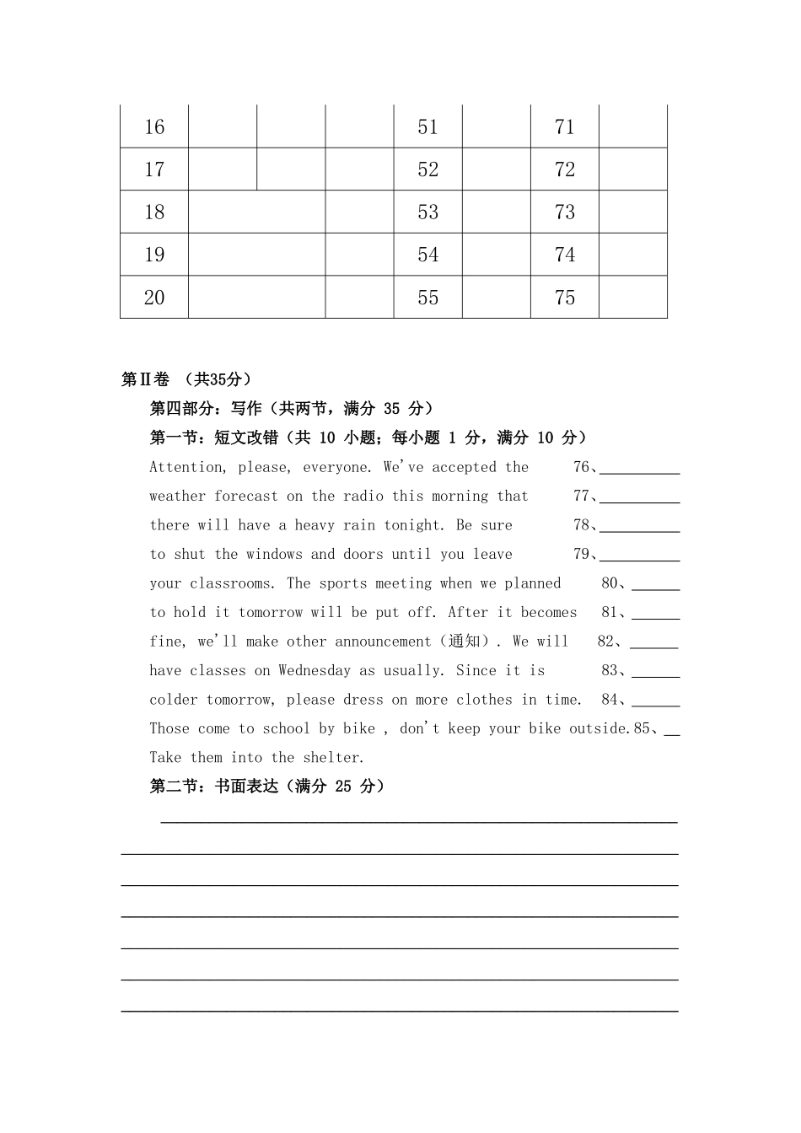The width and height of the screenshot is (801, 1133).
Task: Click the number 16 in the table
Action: [154, 127]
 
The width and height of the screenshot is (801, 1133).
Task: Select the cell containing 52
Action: [428, 169]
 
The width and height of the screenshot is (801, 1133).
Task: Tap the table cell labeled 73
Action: [565, 212]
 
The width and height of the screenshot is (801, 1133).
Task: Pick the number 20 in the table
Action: [154, 298]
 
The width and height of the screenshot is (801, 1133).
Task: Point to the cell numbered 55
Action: [428, 298]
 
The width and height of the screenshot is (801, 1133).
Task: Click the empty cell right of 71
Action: [632, 127]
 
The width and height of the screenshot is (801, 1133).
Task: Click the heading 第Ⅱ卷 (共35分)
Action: [186, 379]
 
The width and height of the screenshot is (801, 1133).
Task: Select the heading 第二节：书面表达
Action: [267, 787]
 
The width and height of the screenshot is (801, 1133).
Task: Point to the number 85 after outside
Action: [642, 728]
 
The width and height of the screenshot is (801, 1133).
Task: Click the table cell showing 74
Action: [565, 255]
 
